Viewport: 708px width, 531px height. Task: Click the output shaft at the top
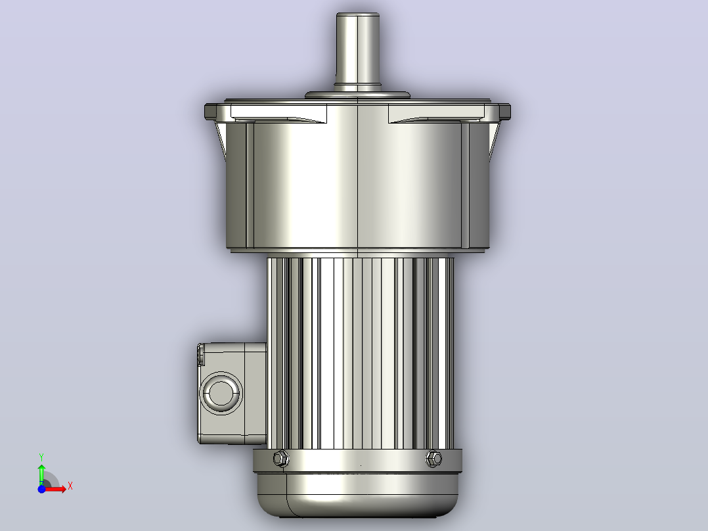(x=357, y=50)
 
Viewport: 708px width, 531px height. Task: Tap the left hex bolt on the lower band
(x=281, y=459)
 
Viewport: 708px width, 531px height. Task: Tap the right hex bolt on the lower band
(x=433, y=459)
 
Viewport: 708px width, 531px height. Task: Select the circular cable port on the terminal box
(x=221, y=393)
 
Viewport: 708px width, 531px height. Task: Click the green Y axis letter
(x=41, y=457)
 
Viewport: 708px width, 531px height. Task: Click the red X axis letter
(x=70, y=486)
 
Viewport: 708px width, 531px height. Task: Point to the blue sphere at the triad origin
(x=41, y=489)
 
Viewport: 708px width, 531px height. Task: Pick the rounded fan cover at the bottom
(x=357, y=495)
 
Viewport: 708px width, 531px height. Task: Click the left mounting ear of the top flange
(x=211, y=112)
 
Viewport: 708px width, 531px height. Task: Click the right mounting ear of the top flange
(x=504, y=112)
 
